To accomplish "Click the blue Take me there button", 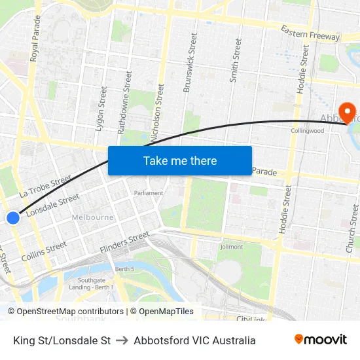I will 180,160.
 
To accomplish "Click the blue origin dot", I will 13,218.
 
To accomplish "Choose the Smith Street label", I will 235,60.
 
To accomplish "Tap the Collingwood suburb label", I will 308,131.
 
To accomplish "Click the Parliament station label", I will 148,194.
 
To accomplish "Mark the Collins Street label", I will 44,251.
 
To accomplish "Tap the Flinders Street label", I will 124,243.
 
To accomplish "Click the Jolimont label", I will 231,247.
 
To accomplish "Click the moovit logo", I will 321,340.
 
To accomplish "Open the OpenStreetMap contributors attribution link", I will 70,312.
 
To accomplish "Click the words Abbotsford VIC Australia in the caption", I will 194,340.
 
